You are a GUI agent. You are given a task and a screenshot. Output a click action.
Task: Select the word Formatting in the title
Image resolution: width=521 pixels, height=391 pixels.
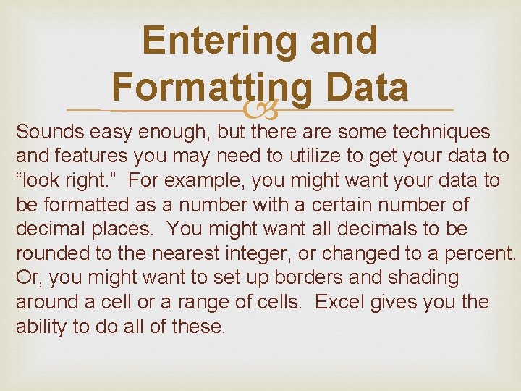212,88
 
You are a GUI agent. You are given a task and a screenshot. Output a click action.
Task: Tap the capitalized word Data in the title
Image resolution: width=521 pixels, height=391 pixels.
368,88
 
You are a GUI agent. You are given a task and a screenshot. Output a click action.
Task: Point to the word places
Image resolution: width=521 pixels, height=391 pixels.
122,229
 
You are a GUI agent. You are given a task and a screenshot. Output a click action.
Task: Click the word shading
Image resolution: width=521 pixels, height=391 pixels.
423,277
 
